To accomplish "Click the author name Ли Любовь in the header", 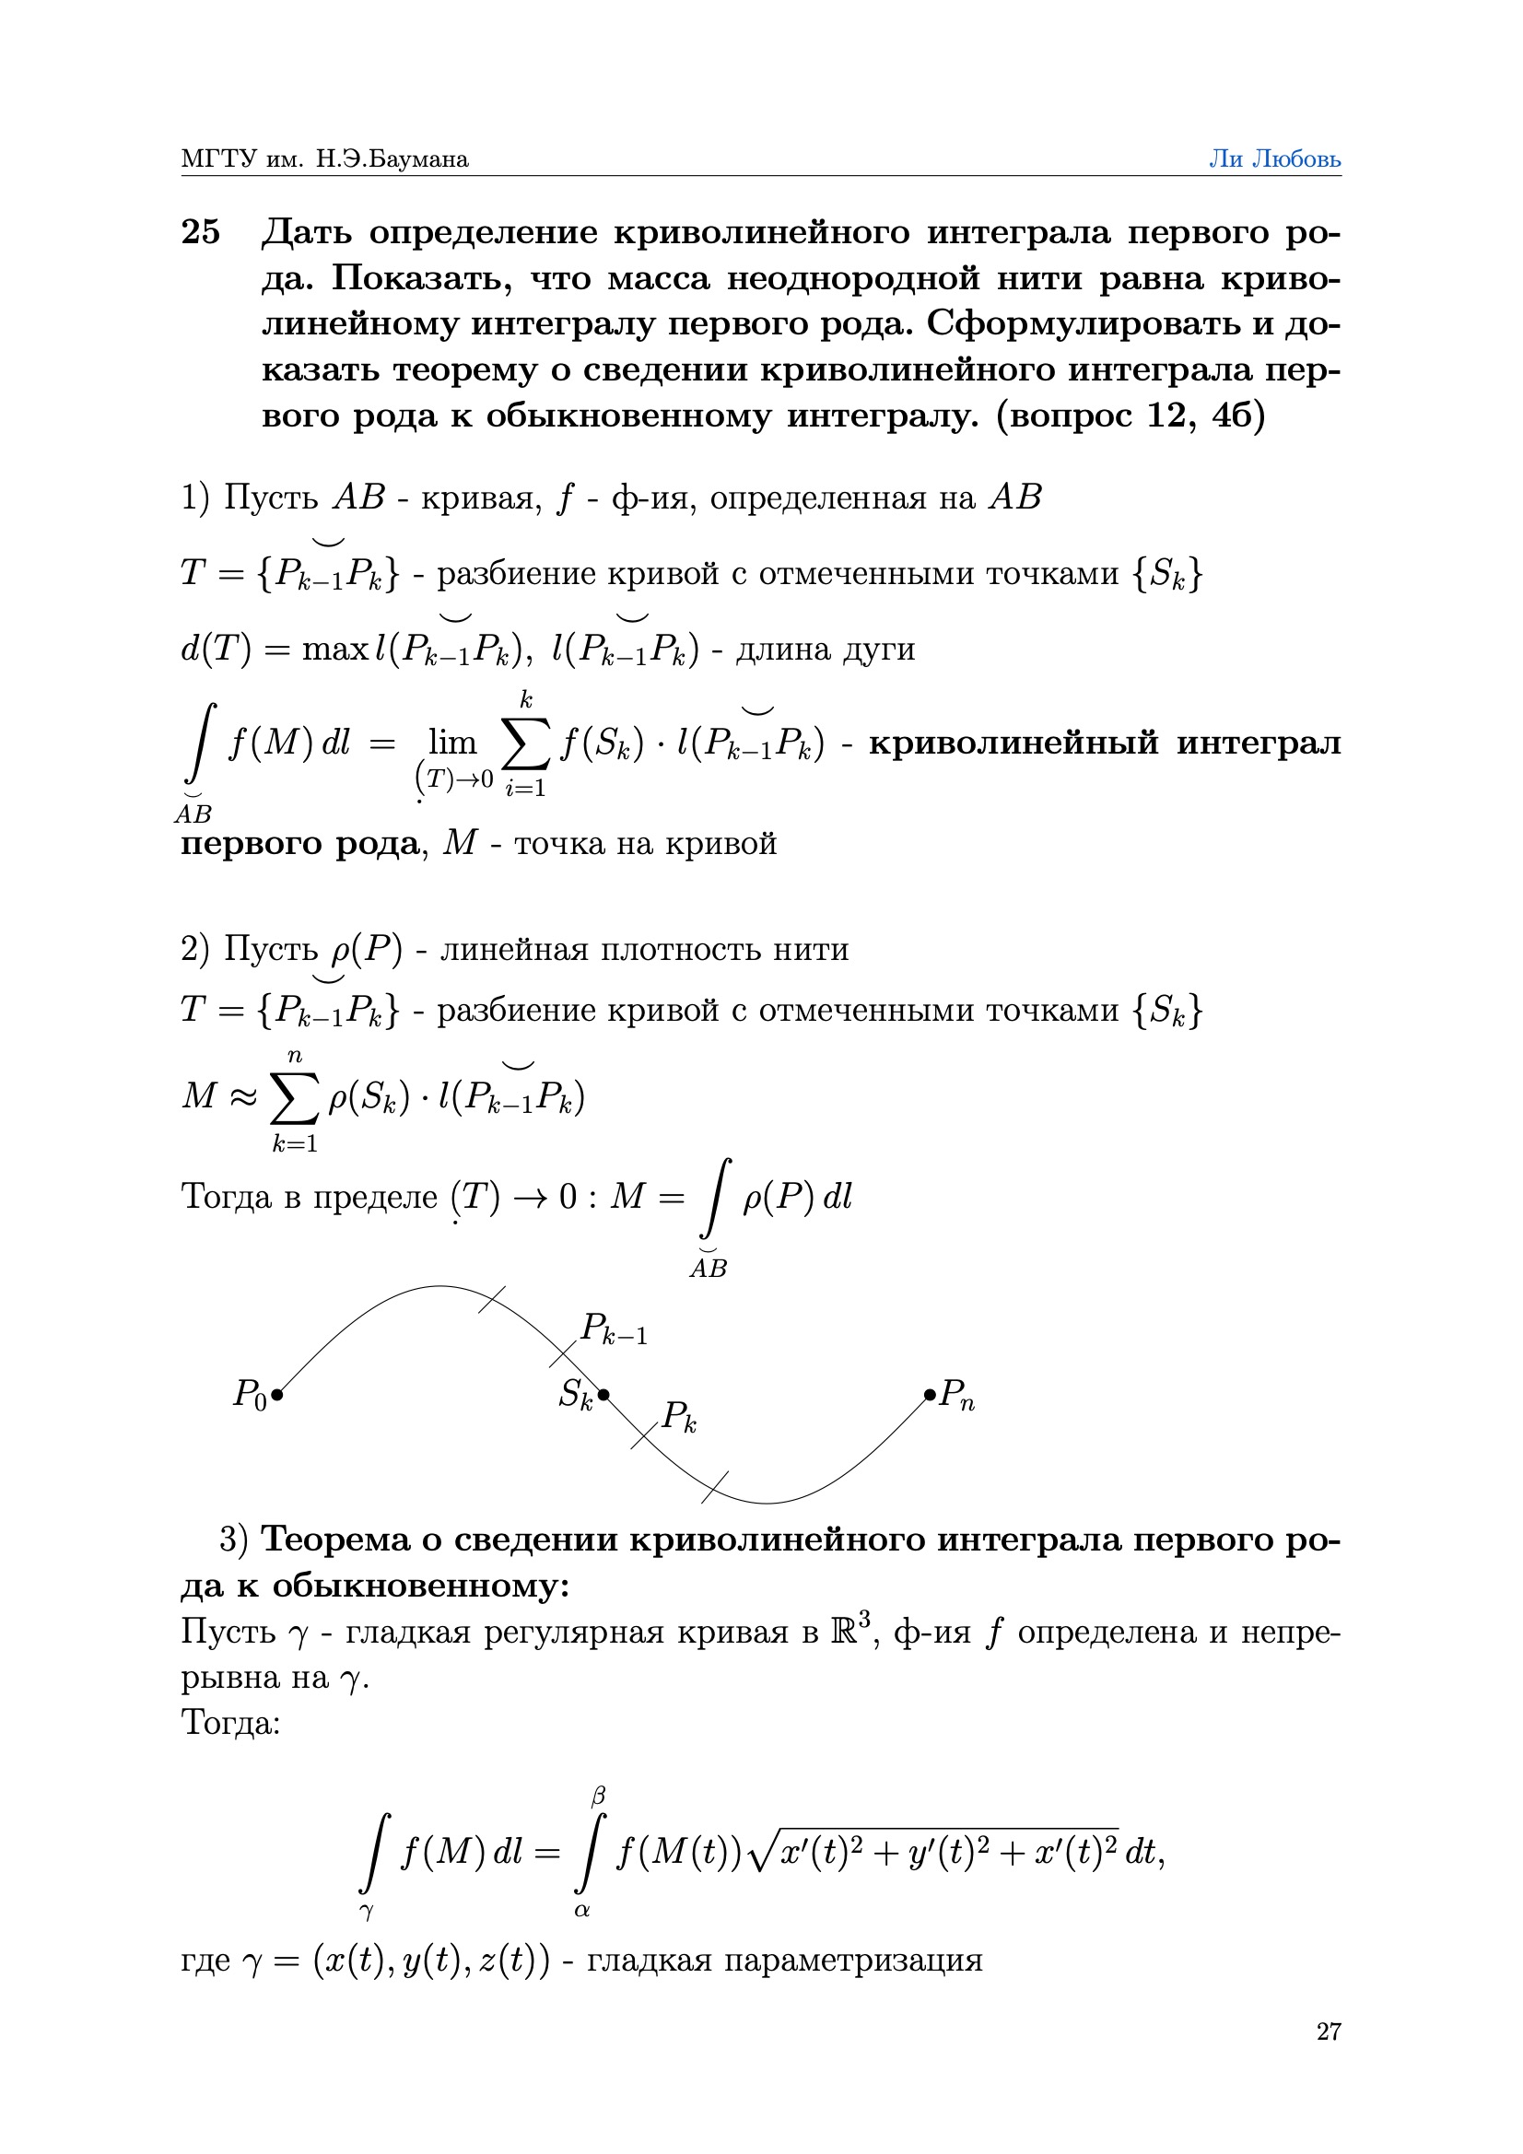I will tap(1273, 158).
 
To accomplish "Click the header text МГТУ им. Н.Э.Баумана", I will tap(324, 158).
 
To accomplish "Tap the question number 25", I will tap(201, 232).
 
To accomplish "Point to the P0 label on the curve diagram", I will tap(249, 1394).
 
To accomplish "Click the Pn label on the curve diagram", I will tap(958, 1395).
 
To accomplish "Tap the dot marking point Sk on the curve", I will tap(603, 1395).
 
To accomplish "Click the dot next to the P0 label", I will tap(276, 1395).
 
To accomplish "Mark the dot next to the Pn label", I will tap(929, 1395).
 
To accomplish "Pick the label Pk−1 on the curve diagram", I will tap(614, 1329).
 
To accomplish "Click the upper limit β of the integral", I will tap(598, 1797).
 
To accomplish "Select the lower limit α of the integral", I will tap(581, 1910).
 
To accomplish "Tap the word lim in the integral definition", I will tap(452, 742).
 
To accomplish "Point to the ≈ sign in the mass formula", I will tap(243, 1095).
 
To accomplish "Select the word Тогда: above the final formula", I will tap(231, 1723).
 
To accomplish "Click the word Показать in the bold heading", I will tap(421, 278).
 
